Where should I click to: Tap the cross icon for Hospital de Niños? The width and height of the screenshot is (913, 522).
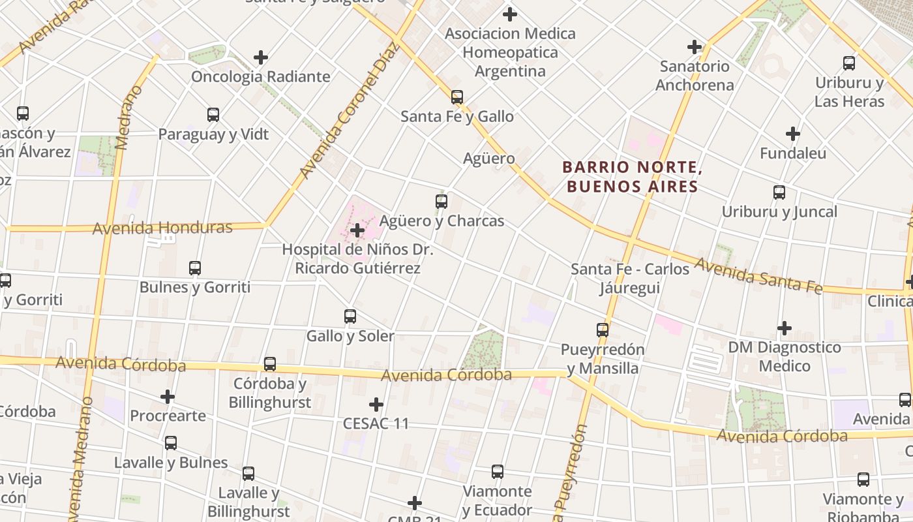357,230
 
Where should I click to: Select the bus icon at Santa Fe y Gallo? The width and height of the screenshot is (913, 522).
457,97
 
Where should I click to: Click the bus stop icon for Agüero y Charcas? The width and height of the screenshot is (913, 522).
442,201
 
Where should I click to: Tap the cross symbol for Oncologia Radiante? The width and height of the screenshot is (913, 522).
261,57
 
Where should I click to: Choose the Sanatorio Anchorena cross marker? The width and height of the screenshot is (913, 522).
695,47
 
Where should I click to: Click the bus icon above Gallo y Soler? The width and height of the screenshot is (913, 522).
350,316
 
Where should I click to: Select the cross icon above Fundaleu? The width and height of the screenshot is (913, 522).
793,134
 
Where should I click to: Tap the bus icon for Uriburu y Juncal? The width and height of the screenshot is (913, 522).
779,192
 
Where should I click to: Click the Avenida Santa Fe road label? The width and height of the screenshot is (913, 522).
758,276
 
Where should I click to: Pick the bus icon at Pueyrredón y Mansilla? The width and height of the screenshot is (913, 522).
603,330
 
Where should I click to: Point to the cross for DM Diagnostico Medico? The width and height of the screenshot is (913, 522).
785,328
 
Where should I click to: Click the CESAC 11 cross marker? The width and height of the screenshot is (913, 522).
376,405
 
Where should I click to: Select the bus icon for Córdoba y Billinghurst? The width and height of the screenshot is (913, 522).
270,364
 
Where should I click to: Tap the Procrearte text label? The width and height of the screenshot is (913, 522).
168,416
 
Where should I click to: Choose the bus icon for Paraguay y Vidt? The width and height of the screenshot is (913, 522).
213,115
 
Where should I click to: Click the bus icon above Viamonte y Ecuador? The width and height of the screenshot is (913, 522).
498,471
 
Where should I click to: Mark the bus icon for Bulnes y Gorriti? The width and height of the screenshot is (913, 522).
195,268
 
